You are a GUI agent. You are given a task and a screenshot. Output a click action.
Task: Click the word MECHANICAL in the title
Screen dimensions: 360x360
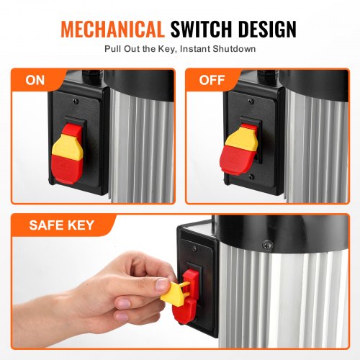pyautogui.click(x=112, y=29)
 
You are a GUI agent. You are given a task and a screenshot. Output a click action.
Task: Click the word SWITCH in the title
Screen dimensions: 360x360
pyautogui.click(x=202, y=29)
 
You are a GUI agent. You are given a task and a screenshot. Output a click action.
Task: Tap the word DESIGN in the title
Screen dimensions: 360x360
pyautogui.click(x=267, y=29)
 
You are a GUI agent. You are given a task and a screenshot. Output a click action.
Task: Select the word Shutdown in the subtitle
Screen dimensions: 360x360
pyautogui.click(x=234, y=49)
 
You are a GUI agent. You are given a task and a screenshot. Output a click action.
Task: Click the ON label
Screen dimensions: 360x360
pyautogui.click(x=35, y=80)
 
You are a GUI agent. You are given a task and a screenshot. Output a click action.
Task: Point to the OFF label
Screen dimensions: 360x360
pyautogui.click(x=212, y=80)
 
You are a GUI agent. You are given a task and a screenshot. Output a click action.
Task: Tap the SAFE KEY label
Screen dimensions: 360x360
pyautogui.click(x=61, y=225)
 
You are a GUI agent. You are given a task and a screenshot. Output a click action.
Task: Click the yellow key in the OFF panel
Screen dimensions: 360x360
pyautogui.click(x=240, y=139)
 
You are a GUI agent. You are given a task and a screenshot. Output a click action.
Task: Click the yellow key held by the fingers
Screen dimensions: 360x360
pyautogui.click(x=174, y=294)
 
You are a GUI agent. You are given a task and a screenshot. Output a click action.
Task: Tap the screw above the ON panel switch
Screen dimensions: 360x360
pyautogui.click(x=76, y=102)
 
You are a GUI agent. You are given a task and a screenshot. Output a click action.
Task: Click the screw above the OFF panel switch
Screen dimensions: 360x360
pyautogui.click(x=251, y=101)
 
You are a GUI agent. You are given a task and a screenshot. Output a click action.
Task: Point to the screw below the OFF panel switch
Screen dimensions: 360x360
pyautogui.click(x=251, y=177)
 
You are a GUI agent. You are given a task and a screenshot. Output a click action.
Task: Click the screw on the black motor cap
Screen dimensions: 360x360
pyautogui.click(x=268, y=245)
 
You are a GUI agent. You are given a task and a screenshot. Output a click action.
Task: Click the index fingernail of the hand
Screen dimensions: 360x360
pyautogui.click(x=123, y=304)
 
